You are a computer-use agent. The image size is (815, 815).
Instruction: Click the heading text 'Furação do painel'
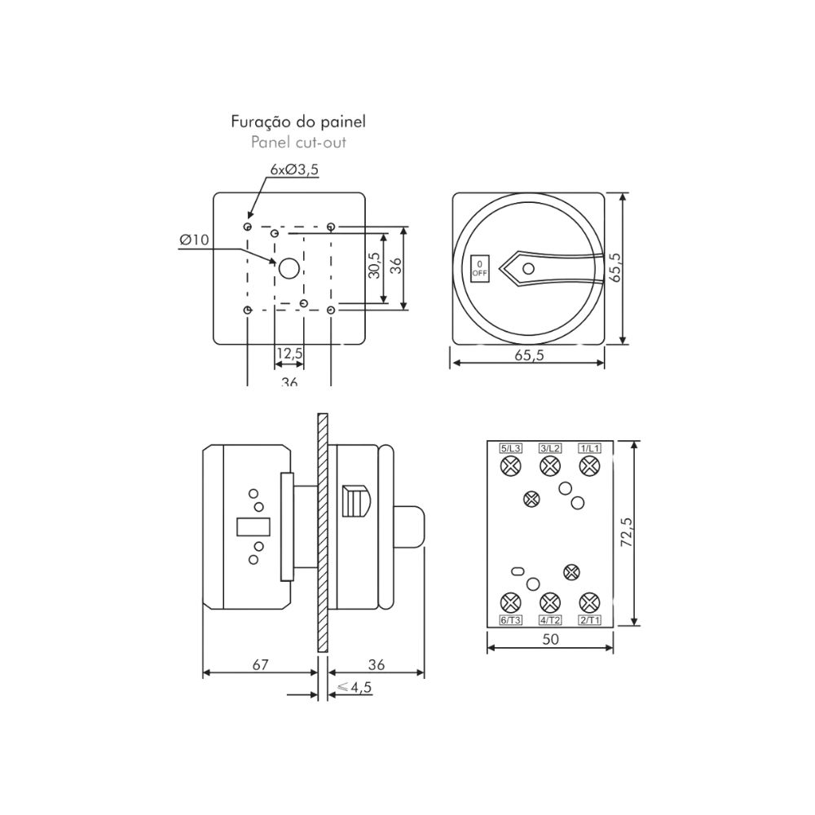pyautogui.click(x=298, y=122)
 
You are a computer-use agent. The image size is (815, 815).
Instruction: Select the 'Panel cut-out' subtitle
pyautogui.click(x=298, y=143)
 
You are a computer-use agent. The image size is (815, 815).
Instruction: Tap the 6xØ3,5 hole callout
pyautogui.click(x=294, y=170)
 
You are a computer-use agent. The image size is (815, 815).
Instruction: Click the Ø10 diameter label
pyautogui.click(x=194, y=240)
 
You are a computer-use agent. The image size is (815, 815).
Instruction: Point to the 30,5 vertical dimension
pyautogui.click(x=374, y=265)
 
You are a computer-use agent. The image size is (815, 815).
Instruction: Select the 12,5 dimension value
pyautogui.click(x=289, y=354)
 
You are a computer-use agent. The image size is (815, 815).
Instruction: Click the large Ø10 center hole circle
pyautogui.click(x=289, y=269)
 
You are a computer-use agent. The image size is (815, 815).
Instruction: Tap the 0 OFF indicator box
pyautogui.click(x=480, y=269)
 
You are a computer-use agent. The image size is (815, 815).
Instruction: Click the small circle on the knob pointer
pyautogui.click(x=528, y=269)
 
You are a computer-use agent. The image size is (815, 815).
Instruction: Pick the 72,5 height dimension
pyautogui.click(x=626, y=532)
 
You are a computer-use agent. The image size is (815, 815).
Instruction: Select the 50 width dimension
pyautogui.click(x=550, y=639)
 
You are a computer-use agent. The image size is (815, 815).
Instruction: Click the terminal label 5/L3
pyautogui.click(x=510, y=448)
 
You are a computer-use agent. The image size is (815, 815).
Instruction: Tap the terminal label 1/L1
pyautogui.click(x=589, y=448)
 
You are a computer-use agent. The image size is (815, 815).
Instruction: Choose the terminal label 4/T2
pyautogui.click(x=550, y=619)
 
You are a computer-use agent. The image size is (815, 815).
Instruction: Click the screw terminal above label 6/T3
pyautogui.click(x=510, y=603)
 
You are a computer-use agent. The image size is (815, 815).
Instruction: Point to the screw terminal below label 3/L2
pyautogui.click(x=550, y=465)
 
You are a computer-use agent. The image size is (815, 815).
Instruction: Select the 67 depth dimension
pyautogui.click(x=261, y=665)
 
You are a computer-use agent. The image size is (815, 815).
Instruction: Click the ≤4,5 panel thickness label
pyautogui.click(x=355, y=687)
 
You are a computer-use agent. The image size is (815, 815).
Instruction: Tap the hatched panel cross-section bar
pyautogui.click(x=322, y=531)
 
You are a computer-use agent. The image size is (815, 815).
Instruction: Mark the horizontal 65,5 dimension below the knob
pyautogui.click(x=529, y=355)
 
